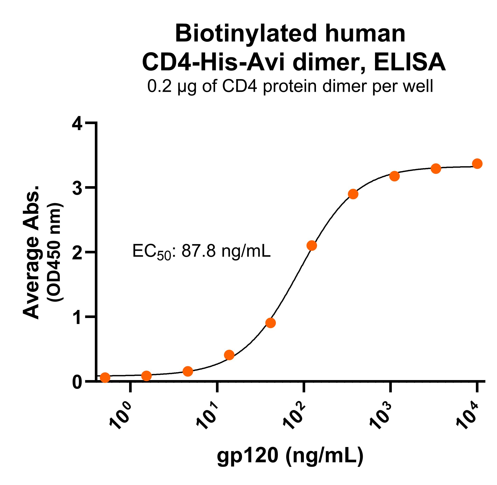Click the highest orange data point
[477, 164]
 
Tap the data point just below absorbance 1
[270, 323]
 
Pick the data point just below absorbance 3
[353, 194]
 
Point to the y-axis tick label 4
[77, 125]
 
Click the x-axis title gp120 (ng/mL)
[290, 455]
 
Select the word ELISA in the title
[410, 62]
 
